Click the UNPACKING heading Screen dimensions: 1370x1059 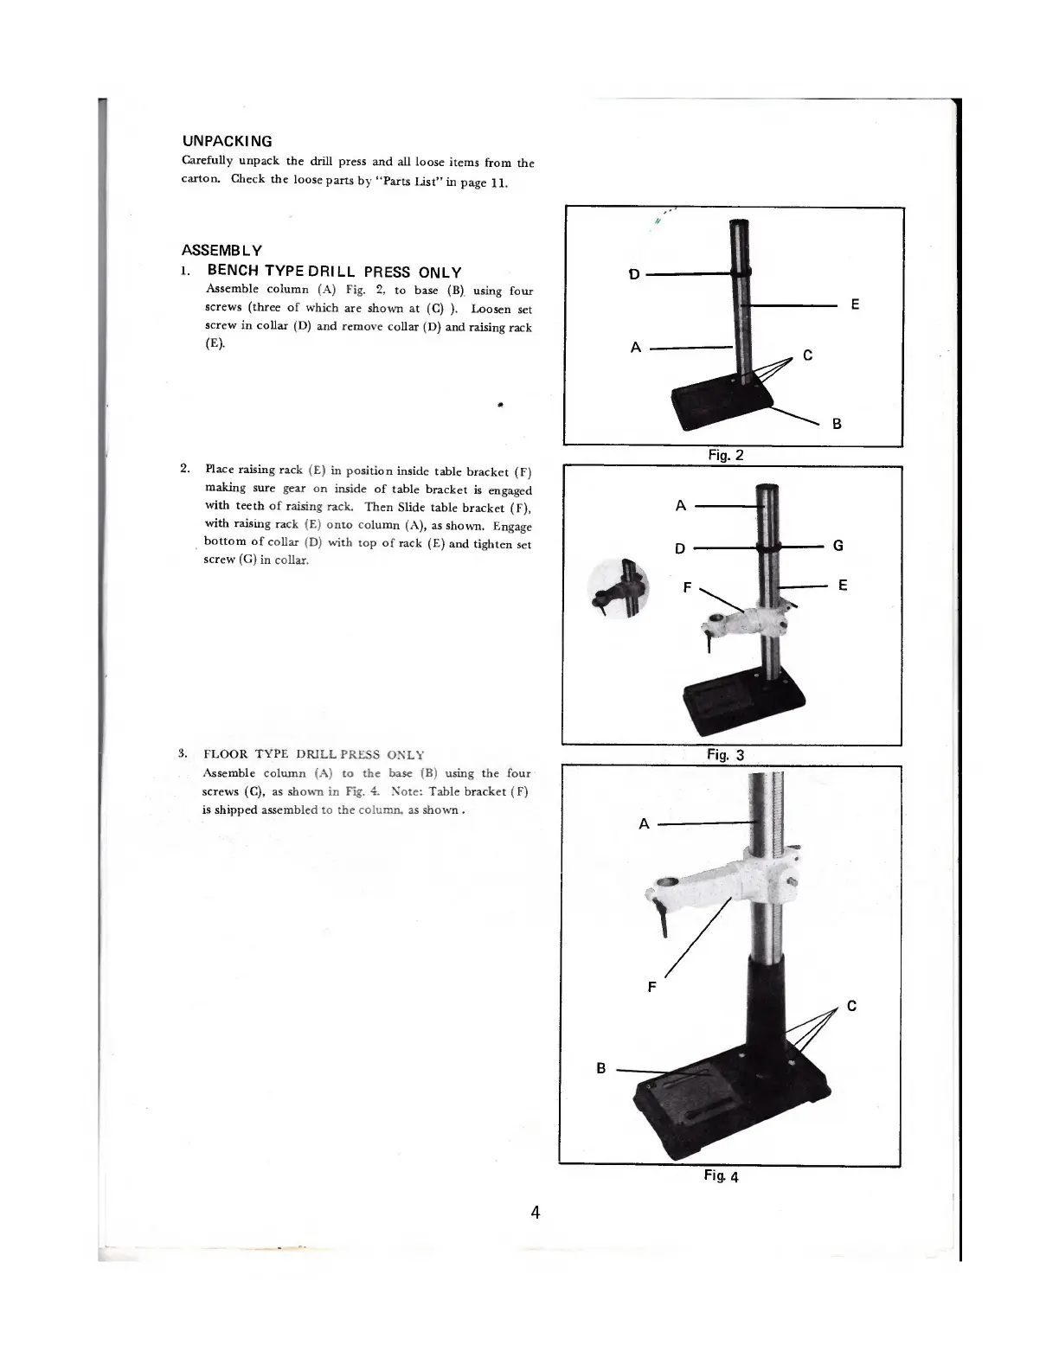coord(227,141)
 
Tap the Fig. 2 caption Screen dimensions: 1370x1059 coord(725,455)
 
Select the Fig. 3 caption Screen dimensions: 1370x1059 coord(725,754)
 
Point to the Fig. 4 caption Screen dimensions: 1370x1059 coord(721,1175)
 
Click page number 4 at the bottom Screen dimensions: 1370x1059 coord(536,1212)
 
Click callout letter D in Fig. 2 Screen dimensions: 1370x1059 coord(634,274)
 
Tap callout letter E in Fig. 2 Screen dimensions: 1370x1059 coord(855,304)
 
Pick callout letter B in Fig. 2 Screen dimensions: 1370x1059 coord(837,424)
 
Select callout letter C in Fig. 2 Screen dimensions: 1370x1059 coord(807,355)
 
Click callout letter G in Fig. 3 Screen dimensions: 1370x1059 coord(838,546)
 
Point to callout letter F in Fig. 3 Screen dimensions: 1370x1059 coord(687,587)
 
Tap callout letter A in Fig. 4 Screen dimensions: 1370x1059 coord(644,823)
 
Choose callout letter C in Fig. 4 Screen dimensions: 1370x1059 coord(851,1006)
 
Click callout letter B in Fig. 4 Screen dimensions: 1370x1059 coord(601,1069)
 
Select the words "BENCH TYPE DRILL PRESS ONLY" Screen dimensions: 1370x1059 coord(335,272)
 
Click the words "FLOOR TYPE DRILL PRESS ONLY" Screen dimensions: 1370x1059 coord(314,754)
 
